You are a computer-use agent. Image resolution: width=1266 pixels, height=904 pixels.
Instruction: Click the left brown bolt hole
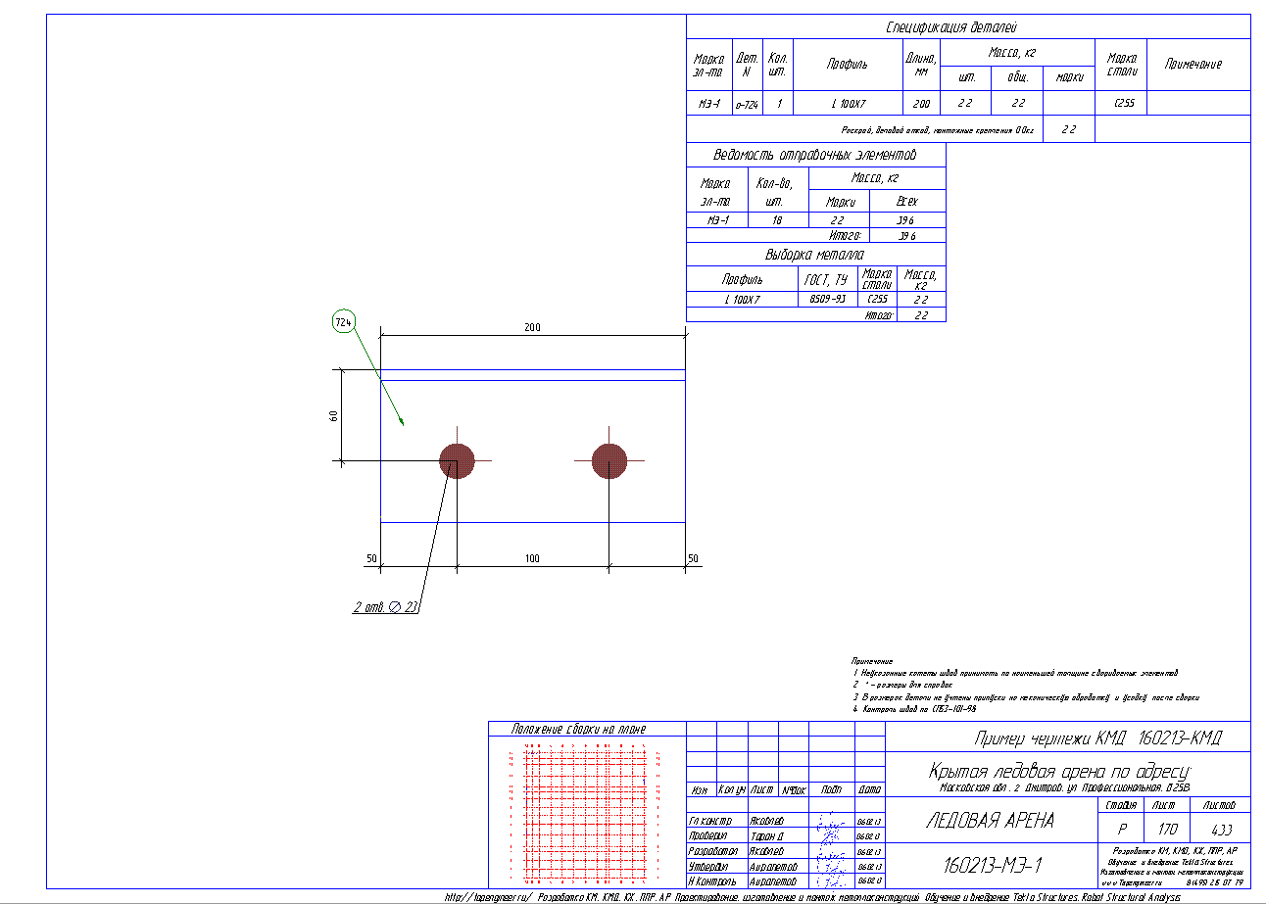coord(457,460)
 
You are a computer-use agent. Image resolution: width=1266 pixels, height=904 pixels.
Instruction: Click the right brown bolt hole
coord(609,460)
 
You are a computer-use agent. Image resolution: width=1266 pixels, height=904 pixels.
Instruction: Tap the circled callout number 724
coord(343,321)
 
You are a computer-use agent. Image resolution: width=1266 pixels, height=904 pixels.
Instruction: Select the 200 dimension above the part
coord(532,327)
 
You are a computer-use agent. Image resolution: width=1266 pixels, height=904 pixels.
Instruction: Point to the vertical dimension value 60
coord(333,415)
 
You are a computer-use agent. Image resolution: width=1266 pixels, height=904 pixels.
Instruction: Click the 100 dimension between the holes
coord(532,558)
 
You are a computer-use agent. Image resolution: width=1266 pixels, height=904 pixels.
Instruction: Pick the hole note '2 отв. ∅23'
coord(386,607)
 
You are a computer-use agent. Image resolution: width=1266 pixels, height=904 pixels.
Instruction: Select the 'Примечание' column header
coord(1193,64)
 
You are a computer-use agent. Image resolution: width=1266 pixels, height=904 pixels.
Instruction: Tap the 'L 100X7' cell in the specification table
coord(849,103)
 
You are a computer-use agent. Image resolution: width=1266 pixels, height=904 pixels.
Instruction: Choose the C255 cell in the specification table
coord(1124,103)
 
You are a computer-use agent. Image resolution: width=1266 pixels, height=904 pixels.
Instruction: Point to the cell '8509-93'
coord(828,300)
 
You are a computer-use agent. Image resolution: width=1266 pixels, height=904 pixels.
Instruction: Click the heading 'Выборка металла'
coord(815,255)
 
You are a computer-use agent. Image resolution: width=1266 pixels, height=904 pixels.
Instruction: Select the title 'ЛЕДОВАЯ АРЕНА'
coord(990,821)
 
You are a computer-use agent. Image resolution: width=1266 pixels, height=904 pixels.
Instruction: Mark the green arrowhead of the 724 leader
coord(402,423)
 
